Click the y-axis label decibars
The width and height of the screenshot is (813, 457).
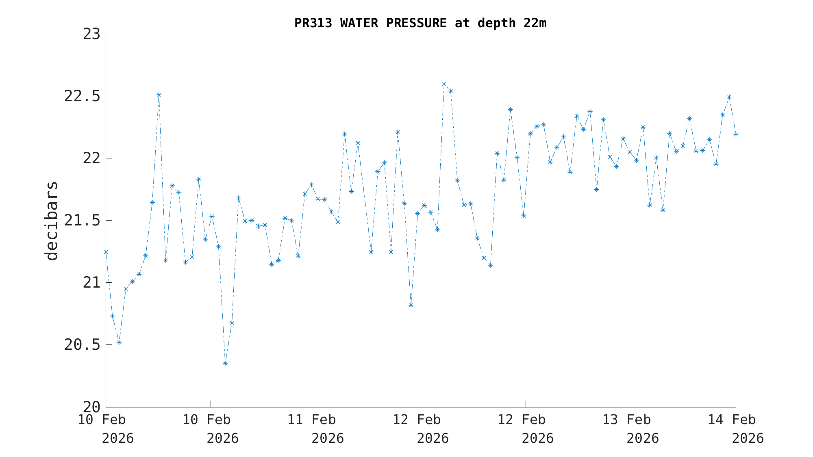tap(52, 221)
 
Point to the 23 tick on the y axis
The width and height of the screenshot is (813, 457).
tap(91, 34)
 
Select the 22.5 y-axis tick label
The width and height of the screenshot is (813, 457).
tap(82, 96)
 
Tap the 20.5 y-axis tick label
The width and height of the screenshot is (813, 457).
tap(82, 345)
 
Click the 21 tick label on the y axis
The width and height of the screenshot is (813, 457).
tap(91, 283)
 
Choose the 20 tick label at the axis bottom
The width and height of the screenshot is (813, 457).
tap(91, 407)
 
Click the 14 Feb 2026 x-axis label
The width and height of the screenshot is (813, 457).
tap(735, 429)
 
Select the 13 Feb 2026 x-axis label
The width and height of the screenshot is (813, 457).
tap(630, 429)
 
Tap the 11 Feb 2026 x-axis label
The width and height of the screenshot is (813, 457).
tap(316, 429)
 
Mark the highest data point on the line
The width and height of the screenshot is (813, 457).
tap(444, 84)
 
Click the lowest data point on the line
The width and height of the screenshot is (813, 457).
tap(225, 363)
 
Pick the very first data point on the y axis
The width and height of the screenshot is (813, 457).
tap(106, 252)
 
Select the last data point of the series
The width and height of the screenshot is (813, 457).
tap(736, 134)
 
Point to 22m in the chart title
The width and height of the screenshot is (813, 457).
tap(535, 23)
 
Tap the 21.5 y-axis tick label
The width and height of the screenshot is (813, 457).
tap(82, 221)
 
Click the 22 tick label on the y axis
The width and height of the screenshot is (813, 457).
tap(91, 158)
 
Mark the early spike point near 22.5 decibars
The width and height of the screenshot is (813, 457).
tap(159, 95)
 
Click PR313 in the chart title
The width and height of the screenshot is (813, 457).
tap(313, 23)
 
